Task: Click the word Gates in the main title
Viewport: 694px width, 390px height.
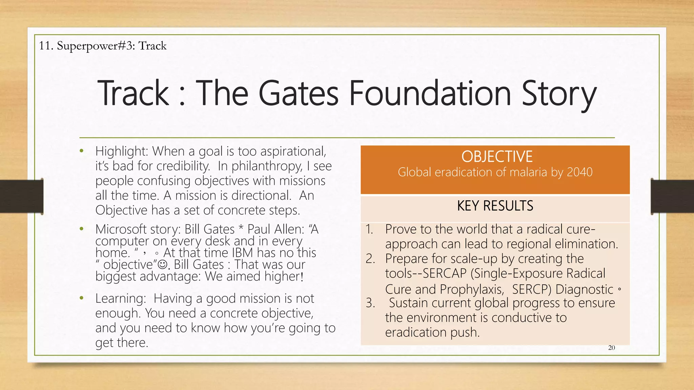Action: point(298,93)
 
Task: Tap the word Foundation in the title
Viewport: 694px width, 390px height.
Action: point(430,93)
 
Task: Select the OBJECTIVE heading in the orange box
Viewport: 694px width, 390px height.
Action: point(496,157)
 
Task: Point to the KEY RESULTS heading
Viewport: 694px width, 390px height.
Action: point(495,206)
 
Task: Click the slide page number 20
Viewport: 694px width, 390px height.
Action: point(611,348)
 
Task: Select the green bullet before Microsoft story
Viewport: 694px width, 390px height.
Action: point(81,229)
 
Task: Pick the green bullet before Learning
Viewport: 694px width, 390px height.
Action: point(81,298)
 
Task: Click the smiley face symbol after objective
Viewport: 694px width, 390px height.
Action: point(163,264)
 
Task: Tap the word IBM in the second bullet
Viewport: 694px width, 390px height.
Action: point(243,253)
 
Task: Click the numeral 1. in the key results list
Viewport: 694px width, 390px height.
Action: point(369,230)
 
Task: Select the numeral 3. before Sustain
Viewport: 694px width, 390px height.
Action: point(370,303)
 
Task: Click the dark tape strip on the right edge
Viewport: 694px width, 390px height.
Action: point(672,196)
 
